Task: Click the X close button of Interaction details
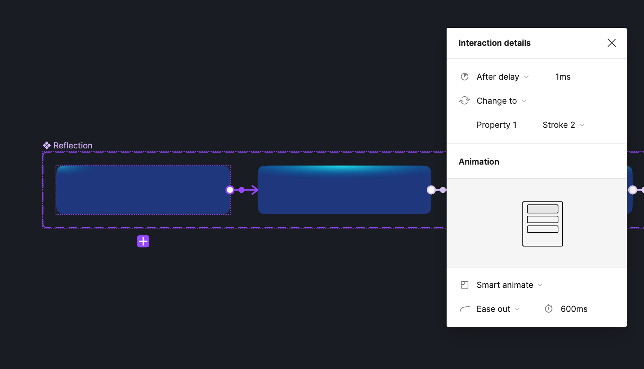(611, 43)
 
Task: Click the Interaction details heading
(494, 43)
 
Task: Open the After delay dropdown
(503, 77)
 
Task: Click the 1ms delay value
(563, 77)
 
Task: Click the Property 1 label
(496, 125)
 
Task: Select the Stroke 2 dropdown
(563, 125)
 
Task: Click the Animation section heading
(478, 162)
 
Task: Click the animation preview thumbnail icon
(542, 224)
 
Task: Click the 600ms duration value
(574, 309)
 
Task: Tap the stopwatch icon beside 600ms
(549, 309)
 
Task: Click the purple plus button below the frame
(143, 241)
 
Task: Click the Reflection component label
(72, 145)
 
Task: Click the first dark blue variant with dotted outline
(143, 190)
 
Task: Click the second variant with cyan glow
(344, 190)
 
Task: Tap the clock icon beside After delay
(465, 77)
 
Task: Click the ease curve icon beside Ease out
(465, 309)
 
